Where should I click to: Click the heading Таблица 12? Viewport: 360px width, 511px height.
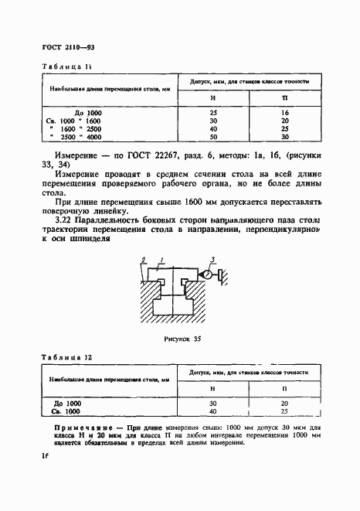59,358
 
